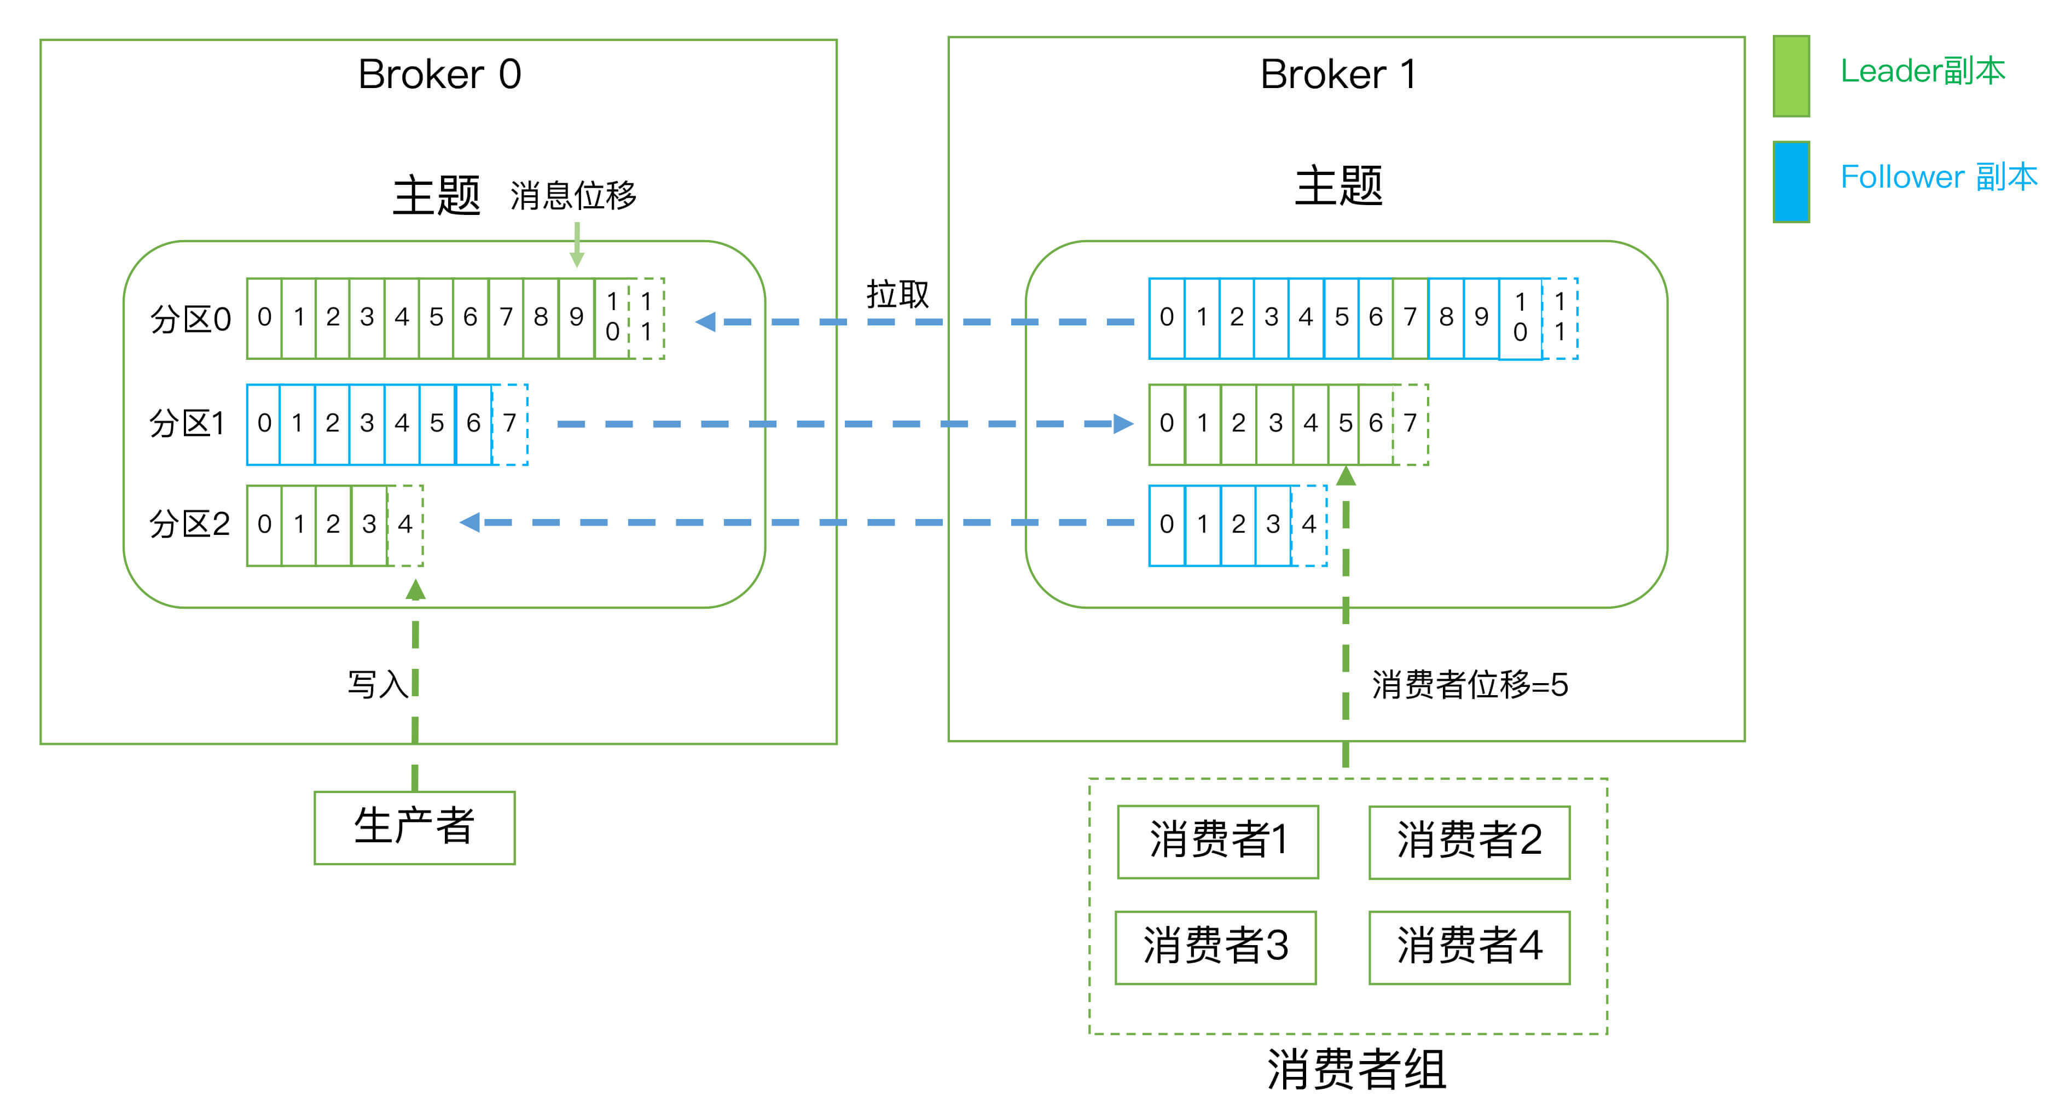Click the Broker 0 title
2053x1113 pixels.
(x=439, y=75)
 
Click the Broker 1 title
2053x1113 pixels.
(x=1338, y=75)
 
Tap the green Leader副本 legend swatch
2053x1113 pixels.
(x=1791, y=77)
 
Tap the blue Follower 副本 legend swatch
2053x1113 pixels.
(x=1791, y=182)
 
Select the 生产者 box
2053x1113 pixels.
(x=414, y=827)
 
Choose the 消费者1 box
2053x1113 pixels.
(x=1218, y=841)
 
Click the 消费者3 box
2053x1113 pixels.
(x=1215, y=947)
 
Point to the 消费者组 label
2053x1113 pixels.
(x=1356, y=1069)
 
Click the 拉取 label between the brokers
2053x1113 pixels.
(x=897, y=295)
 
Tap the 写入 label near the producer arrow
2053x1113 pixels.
(x=377, y=684)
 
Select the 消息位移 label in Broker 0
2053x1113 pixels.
(x=573, y=196)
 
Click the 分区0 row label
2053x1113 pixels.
(x=190, y=319)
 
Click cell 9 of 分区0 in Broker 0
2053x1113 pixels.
(x=576, y=318)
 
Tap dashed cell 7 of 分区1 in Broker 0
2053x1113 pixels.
(x=510, y=423)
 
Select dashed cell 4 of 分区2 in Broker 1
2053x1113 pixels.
(x=1309, y=525)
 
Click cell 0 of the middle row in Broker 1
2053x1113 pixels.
(x=1167, y=423)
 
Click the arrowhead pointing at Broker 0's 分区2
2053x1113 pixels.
(x=470, y=523)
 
